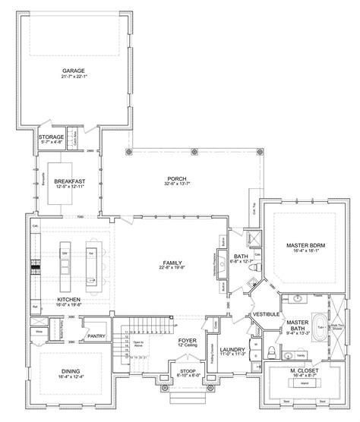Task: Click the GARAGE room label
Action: click(74, 71)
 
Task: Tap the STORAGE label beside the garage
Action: click(52, 137)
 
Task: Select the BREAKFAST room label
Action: click(69, 181)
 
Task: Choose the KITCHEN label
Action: click(69, 299)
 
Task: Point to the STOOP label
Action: click(188, 370)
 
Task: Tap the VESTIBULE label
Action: click(267, 313)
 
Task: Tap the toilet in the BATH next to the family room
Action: click(257, 268)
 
